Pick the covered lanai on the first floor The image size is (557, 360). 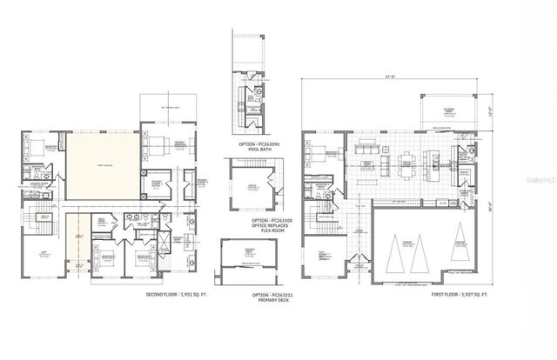pos(447,110)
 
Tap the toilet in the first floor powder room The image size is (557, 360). pos(469,151)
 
